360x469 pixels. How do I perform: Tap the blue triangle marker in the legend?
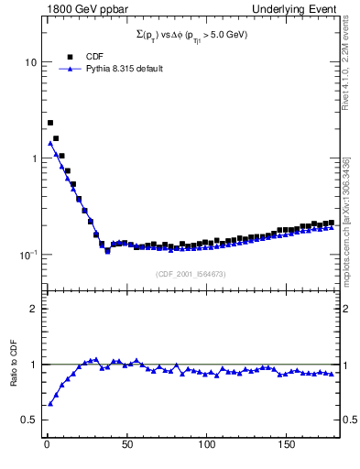click(70, 69)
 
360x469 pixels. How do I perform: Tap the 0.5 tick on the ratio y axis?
click(28, 420)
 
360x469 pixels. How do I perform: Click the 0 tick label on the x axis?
click(46, 445)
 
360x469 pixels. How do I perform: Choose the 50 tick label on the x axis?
click(126, 445)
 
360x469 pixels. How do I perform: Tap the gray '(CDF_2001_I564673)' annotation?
click(190, 274)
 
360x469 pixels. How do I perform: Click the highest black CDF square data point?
click(50, 123)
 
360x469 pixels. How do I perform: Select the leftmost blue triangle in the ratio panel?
click(50, 403)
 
